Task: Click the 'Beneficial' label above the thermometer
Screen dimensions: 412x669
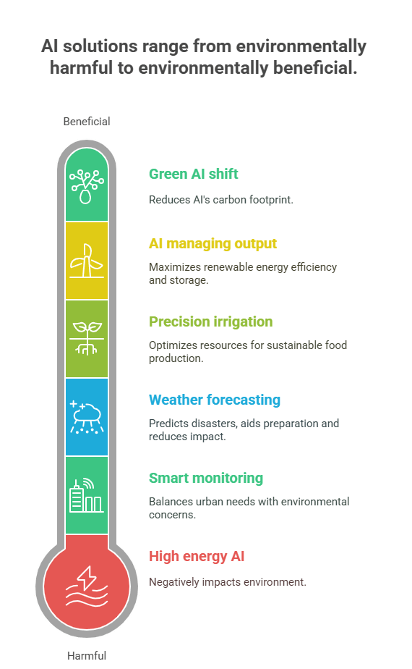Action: pos(87,122)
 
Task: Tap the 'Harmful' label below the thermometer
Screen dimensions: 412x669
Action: pos(87,655)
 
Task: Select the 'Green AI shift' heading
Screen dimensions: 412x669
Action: pos(194,174)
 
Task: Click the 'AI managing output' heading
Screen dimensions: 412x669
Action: pos(213,243)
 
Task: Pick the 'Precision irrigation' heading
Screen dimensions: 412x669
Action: pos(210,321)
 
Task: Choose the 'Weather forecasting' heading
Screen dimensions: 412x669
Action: pos(214,400)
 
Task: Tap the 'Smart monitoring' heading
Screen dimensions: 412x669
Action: pos(206,478)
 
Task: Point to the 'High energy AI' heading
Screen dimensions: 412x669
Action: pos(197,556)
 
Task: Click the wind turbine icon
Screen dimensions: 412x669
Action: pos(87,261)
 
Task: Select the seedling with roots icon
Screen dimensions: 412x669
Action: pos(87,339)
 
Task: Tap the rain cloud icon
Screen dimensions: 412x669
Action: pos(87,417)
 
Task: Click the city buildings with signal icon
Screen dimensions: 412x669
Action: pos(87,495)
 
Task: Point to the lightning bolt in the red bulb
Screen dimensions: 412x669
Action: pos(87,577)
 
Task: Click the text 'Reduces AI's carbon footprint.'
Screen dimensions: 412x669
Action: pos(220,200)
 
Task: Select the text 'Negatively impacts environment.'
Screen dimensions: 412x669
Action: pos(228,582)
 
